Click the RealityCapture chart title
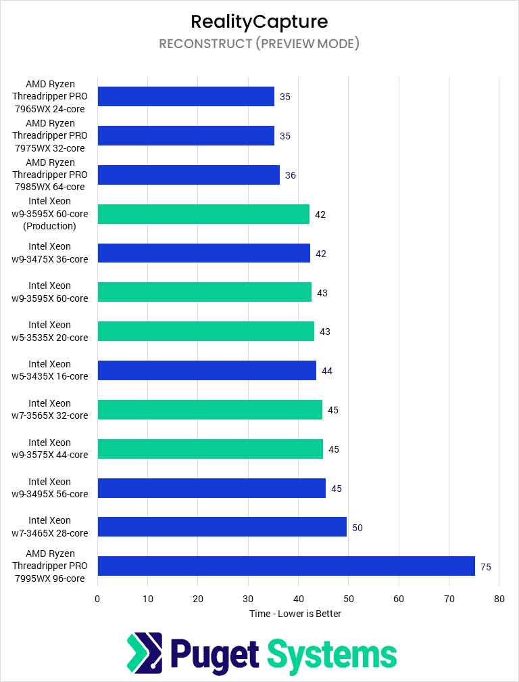pos(259,21)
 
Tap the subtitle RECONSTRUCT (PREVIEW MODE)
pos(259,44)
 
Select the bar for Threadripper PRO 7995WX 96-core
pos(286,566)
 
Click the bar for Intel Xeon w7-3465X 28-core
pos(222,526)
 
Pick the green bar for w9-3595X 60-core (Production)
pos(203,214)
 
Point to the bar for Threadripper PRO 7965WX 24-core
pos(186,96)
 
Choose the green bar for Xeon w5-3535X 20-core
pos(205,331)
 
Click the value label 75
pos(486,567)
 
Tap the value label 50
pos(357,528)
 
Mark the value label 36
pos(291,175)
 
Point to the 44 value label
pos(327,371)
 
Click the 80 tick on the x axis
pos(499,599)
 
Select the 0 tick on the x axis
pos(97,599)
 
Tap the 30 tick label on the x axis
pos(248,599)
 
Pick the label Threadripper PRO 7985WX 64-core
pos(50,175)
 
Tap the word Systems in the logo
pos(332,654)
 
